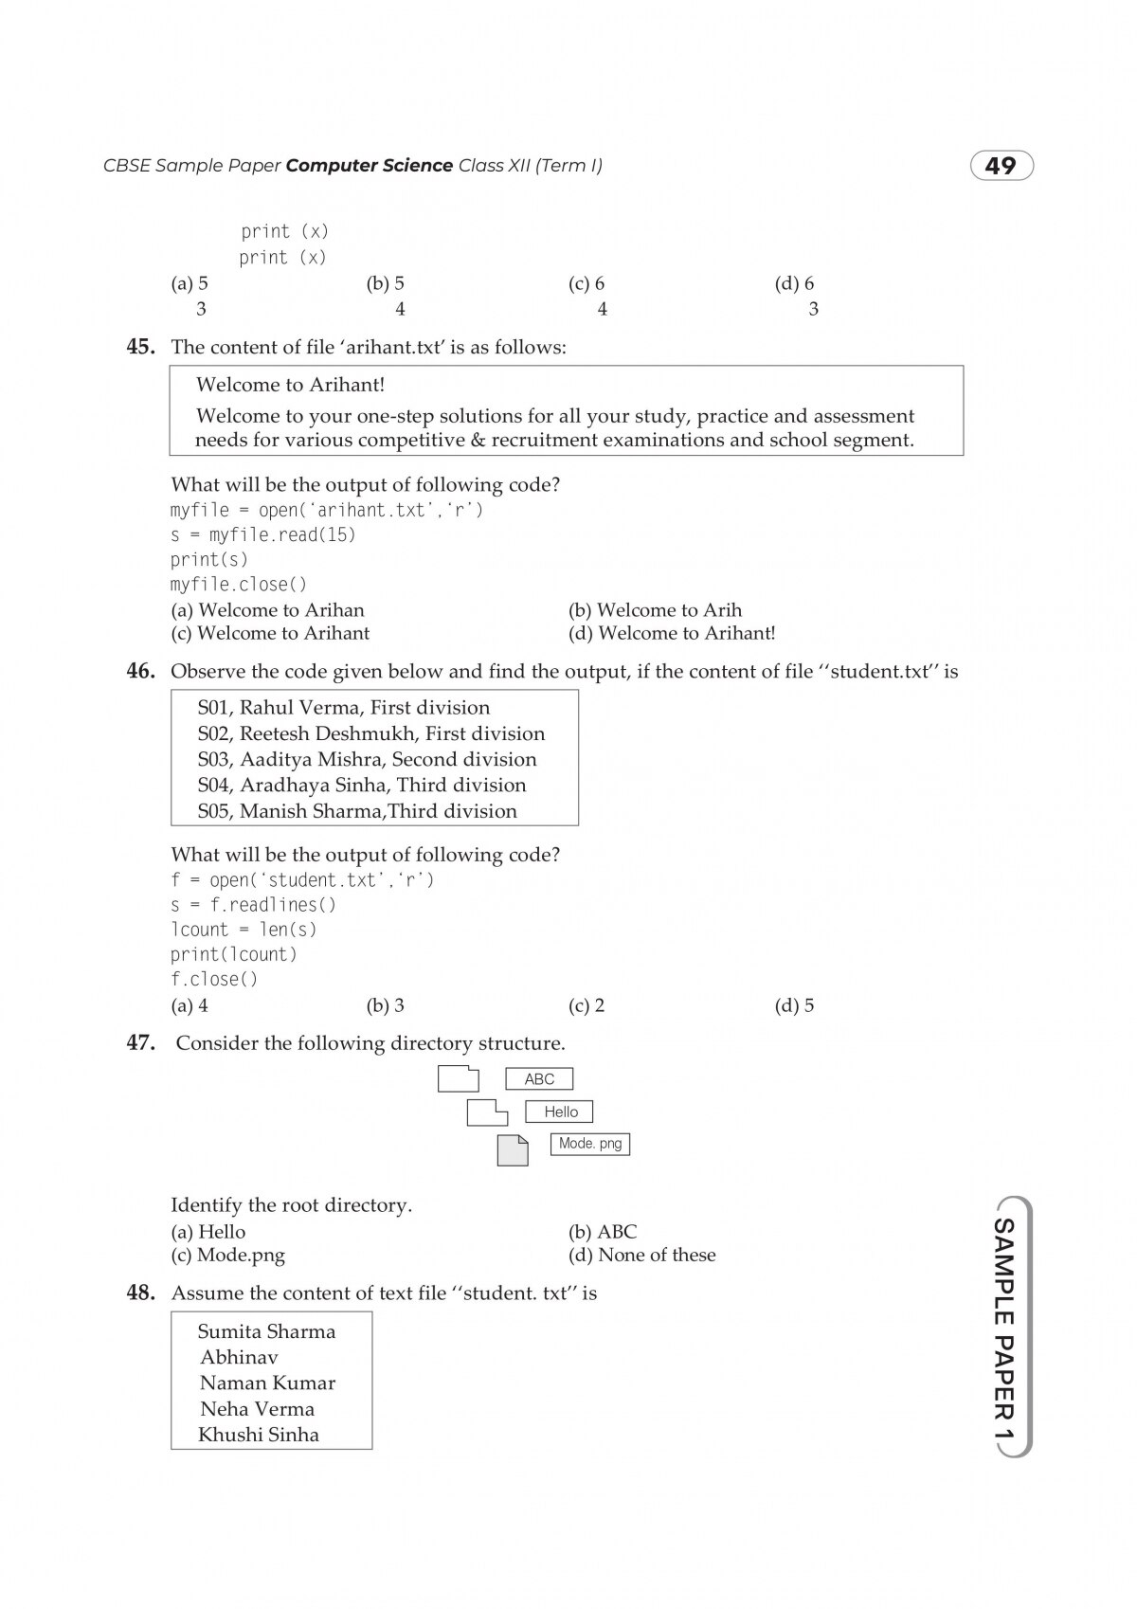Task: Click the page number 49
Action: [1001, 167]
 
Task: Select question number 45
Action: [140, 347]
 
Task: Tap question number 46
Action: [140, 671]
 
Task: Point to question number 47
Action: [140, 1042]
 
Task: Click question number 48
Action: [140, 1293]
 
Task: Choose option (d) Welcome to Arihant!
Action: [672, 633]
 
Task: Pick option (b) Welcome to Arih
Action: [655, 609]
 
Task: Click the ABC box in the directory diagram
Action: [539, 1078]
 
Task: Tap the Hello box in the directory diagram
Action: [560, 1112]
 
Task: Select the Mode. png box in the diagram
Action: [589, 1144]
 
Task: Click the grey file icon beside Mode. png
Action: [513, 1149]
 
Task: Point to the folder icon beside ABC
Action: [459, 1079]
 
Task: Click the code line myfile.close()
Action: [239, 585]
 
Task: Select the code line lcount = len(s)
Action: [244, 930]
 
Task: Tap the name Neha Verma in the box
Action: [257, 1409]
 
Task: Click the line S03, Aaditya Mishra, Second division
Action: [367, 759]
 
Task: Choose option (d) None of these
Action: [641, 1255]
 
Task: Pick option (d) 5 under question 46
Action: [794, 1005]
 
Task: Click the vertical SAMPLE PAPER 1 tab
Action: [1003, 1327]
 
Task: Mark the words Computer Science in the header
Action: [369, 166]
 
